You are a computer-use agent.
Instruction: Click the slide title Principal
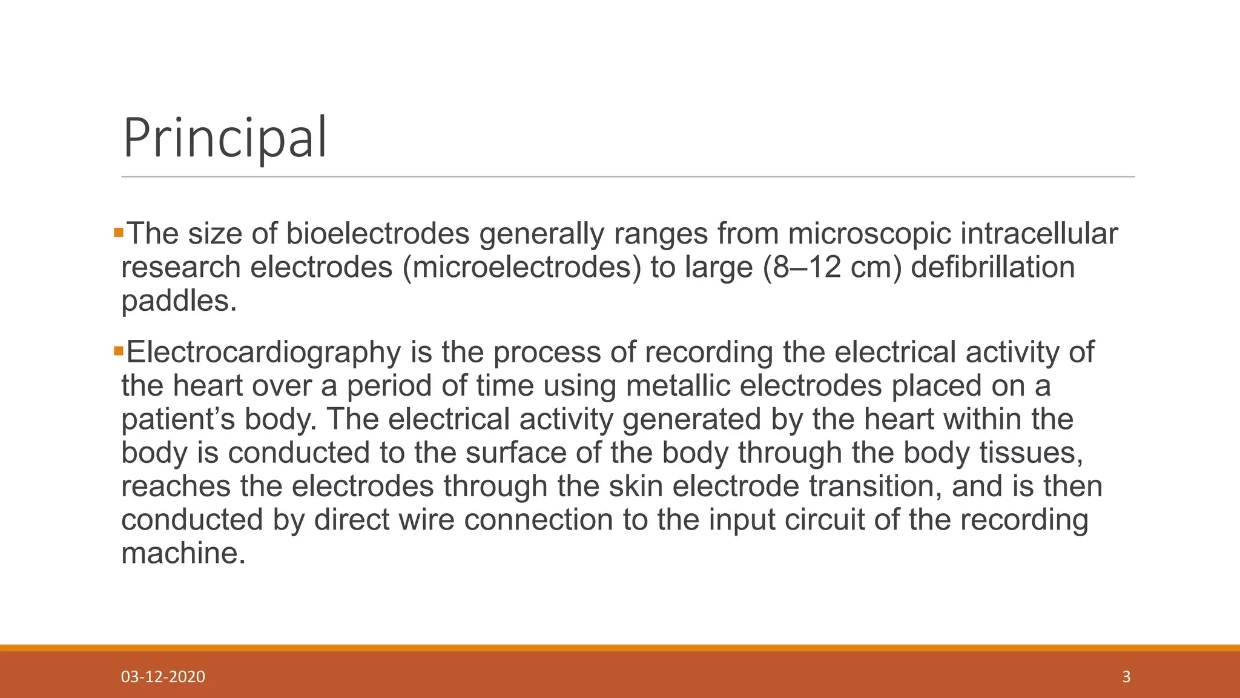pyautogui.click(x=225, y=138)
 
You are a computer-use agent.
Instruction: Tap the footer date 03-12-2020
pyautogui.click(x=163, y=677)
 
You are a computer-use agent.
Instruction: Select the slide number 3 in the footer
pyautogui.click(x=1126, y=677)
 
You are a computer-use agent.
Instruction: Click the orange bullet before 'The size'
pyautogui.click(x=118, y=232)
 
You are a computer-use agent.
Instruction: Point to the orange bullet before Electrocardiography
pyautogui.click(x=118, y=350)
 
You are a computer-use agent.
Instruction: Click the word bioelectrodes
pyautogui.click(x=378, y=234)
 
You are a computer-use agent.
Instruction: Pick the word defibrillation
pyautogui.click(x=993, y=267)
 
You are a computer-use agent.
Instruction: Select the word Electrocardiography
pyautogui.click(x=263, y=353)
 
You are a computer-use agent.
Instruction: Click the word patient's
pyautogui.click(x=178, y=419)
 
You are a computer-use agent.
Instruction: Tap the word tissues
pyautogui.click(x=1031, y=453)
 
